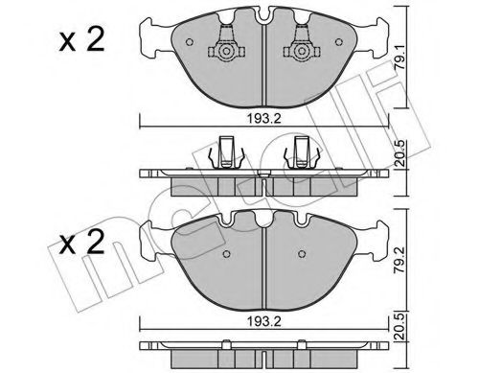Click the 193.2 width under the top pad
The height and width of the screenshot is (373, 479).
(264, 120)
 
